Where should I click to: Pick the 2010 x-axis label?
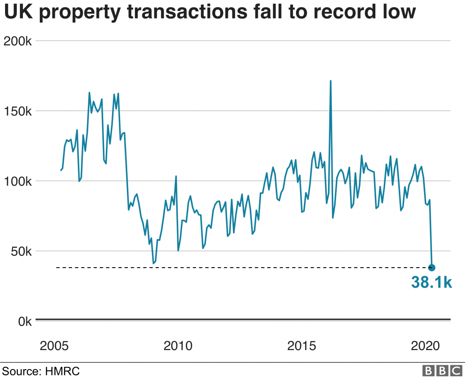pyautogui.click(x=178, y=346)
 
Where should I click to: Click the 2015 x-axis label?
pyautogui.click(x=302, y=346)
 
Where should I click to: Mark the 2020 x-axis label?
pyautogui.click(x=425, y=346)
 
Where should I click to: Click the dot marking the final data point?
pyautogui.click(x=432, y=267)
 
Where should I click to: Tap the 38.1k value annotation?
pyautogui.click(x=431, y=283)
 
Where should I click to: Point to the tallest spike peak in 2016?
pyautogui.click(x=330, y=81)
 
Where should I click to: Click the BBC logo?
pyautogui.click(x=442, y=371)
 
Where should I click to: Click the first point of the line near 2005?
pyautogui.click(x=61, y=170)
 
